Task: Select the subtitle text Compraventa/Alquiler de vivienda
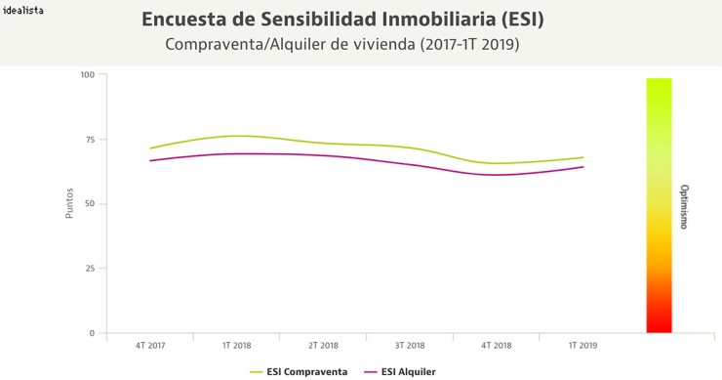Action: click(290, 45)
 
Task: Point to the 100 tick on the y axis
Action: click(88, 75)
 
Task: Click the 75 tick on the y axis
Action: click(90, 140)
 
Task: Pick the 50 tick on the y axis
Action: click(90, 204)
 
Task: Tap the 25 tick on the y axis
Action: click(90, 269)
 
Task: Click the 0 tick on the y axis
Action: click(92, 333)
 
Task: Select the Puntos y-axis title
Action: click(69, 203)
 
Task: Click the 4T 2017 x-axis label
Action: click(150, 346)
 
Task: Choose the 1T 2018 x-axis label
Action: click(237, 346)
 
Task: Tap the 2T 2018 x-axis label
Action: click(323, 346)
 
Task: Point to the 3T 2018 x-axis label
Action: click(410, 346)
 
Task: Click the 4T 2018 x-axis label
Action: click(496, 346)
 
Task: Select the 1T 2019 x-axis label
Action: click(582, 346)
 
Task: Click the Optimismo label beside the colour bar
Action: click(684, 206)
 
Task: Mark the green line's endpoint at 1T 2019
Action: click(583, 157)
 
